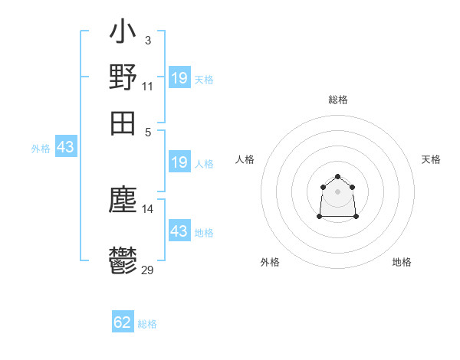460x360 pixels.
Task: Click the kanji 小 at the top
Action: tap(123, 34)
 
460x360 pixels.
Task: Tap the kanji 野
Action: tap(123, 77)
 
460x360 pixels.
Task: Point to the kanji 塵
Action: tap(123, 201)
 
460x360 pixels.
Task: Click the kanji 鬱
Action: tap(123, 260)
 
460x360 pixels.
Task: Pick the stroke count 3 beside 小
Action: tap(147, 41)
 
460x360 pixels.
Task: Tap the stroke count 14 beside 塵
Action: tap(148, 208)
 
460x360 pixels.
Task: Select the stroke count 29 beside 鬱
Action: tap(148, 270)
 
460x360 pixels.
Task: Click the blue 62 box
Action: tap(123, 322)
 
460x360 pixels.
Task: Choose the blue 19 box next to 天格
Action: tap(179, 78)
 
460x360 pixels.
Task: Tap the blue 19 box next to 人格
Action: tap(179, 162)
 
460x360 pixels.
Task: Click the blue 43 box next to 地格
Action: tap(179, 231)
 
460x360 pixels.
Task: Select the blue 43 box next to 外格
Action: tap(66, 147)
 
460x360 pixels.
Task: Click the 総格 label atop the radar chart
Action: tap(338, 100)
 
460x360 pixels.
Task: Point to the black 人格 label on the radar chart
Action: tap(245, 159)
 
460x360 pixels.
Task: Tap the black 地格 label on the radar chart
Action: tap(402, 262)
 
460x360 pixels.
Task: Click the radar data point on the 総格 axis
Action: tap(338, 177)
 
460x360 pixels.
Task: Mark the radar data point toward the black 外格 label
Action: tap(320, 217)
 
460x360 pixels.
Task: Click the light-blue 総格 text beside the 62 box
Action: tap(147, 324)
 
